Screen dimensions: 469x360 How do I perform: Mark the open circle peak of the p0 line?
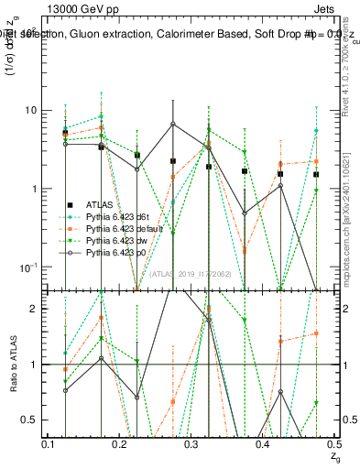pos(172,124)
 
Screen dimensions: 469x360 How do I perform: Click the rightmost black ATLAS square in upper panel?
pos(316,174)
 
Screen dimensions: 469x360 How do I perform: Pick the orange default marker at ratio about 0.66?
pos(172,402)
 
